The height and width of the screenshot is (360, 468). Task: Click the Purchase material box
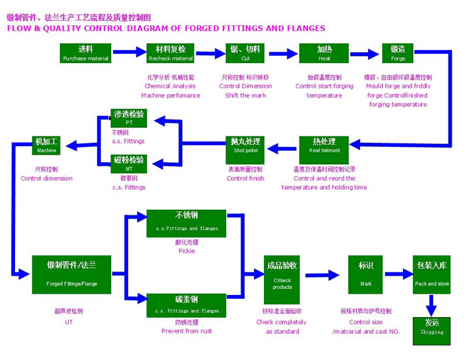point(85,53)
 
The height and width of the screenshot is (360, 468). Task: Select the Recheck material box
point(170,53)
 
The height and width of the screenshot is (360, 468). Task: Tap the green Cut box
point(245,53)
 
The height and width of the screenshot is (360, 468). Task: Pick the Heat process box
point(324,53)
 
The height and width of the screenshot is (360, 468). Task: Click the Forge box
point(398,53)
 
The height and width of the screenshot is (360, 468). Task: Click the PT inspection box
point(129,118)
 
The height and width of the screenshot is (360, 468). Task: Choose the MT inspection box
point(129,164)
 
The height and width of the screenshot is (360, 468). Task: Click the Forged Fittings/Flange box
point(72,274)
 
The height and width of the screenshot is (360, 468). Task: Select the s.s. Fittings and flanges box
point(187,221)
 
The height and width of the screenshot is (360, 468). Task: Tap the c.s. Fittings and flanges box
point(187,304)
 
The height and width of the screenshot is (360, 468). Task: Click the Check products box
point(282,274)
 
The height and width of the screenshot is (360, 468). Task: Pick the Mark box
point(365,274)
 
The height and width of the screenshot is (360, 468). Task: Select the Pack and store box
point(432,274)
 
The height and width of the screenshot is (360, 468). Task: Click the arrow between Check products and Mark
point(324,274)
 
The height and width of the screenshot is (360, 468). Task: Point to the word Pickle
point(187,250)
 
